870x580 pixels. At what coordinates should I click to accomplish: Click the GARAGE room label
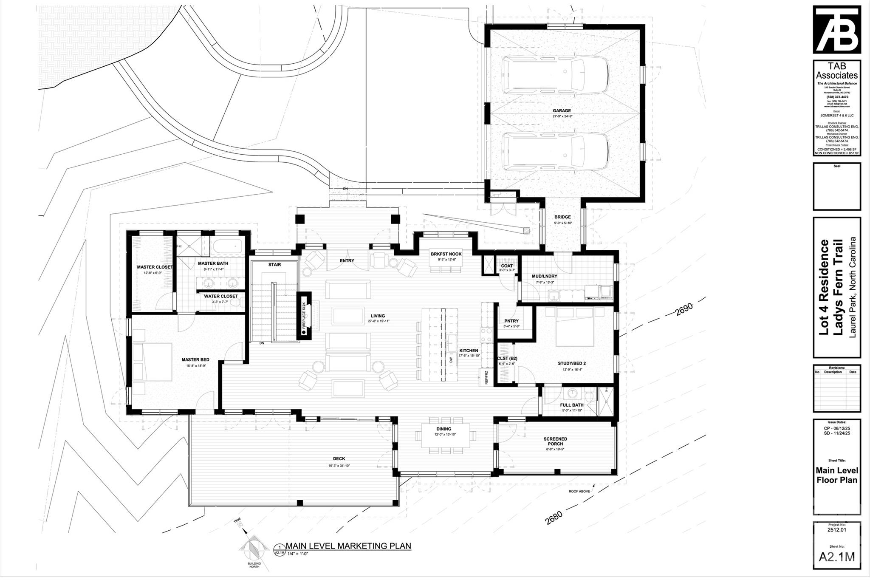pyautogui.click(x=562, y=110)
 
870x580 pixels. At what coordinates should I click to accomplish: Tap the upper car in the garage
pyautogui.click(x=555, y=75)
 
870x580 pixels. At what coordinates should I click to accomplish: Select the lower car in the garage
pyautogui.click(x=555, y=152)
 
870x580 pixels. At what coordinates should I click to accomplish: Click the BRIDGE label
pyautogui.click(x=562, y=217)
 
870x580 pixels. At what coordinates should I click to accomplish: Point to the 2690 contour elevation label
pyautogui.click(x=684, y=310)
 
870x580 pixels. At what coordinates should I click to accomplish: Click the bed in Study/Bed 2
pyautogui.click(x=575, y=326)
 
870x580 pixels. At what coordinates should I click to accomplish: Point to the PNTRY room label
pyautogui.click(x=511, y=321)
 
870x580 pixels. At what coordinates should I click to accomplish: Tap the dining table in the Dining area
pyautogui.click(x=445, y=435)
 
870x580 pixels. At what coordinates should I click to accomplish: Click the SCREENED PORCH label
pyautogui.click(x=555, y=441)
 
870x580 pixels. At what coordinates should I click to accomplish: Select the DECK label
pyautogui.click(x=339, y=458)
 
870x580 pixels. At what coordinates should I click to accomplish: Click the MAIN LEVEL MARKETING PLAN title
pyautogui.click(x=348, y=546)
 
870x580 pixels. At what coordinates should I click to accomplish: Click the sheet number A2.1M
pyautogui.click(x=836, y=557)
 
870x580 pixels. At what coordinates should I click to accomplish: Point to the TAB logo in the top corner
pyautogui.click(x=836, y=29)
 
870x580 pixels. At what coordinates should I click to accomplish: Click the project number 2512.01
pyautogui.click(x=836, y=530)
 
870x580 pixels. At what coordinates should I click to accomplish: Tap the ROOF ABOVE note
pyautogui.click(x=579, y=492)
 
